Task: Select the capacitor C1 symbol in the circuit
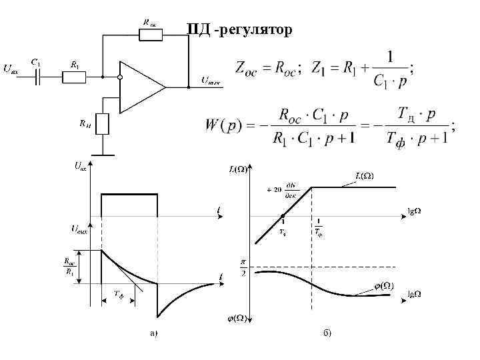(x=38, y=77)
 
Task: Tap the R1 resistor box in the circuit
(x=73, y=77)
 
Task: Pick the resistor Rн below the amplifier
(x=102, y=123)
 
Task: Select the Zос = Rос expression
(x=267, y=67)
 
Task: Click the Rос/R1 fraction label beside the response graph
(x=70, y=266)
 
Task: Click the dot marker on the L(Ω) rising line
(x=283, y=215)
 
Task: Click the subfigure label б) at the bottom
(x=327, y=331)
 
